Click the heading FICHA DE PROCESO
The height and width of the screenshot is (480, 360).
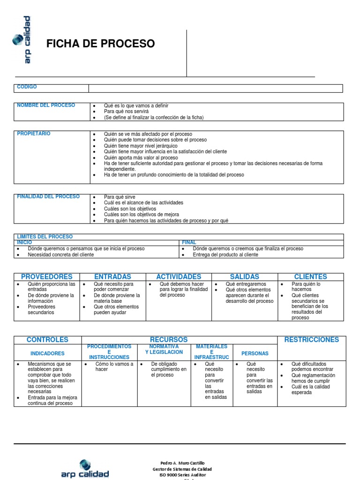tap(100, 44)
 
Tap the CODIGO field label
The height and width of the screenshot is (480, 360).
tap(27, 87)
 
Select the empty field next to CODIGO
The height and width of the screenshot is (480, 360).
tap(216, 88)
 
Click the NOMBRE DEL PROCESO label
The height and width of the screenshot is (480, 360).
tap(46, 105)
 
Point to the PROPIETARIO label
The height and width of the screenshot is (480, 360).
tap(34, 134)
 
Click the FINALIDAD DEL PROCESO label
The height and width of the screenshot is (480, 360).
tap(48, 196)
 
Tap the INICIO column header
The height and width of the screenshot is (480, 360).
tap(24, 242)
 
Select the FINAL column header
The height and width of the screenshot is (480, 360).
tap(189, 242)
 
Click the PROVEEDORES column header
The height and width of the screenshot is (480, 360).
tap(47, 277)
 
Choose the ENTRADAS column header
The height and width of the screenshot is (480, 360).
tap(112, 277)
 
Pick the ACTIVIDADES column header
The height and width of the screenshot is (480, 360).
tap(179, 277)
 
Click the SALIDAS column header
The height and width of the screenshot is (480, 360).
tap(244, 277)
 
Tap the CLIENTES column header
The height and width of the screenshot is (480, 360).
tap(310, 277)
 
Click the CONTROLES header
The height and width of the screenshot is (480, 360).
tap(47, 339)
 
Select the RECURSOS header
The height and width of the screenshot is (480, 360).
tap(168, 339)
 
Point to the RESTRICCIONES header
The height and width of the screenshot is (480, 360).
tap(311, 339)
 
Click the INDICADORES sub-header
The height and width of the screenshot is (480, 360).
tap(47, 353)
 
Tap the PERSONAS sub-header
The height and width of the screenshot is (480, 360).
tap(255, 353)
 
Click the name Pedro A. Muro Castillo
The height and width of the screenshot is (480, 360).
tap(182, 463)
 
